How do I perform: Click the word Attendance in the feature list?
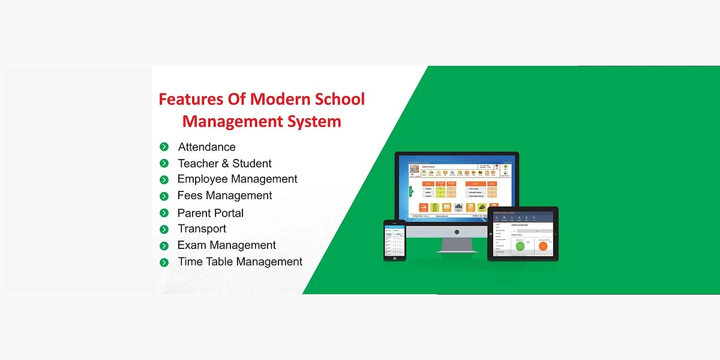(206, 147)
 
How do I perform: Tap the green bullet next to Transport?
(164, 229)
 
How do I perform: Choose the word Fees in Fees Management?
(190, 196)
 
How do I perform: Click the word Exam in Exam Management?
(191, 245)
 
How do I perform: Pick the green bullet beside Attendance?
(164, 147)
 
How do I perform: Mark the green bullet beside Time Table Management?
(164, 262)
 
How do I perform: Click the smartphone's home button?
(395, 257)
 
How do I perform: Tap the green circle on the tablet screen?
(520, 245)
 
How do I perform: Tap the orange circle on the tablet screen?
(543, 245)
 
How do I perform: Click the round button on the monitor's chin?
(457, 232)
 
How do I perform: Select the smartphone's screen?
(395, 239)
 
